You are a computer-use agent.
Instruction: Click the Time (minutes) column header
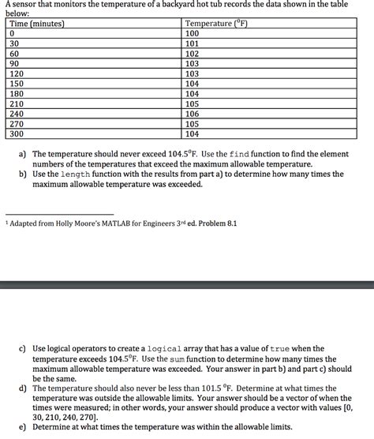coord(36,24)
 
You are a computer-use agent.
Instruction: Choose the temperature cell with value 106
coord(193,113)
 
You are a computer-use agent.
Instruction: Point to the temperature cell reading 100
coord(193,34)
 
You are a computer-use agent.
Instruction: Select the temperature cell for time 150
coord(193,83)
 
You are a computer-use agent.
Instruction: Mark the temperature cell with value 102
coord(193,54)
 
